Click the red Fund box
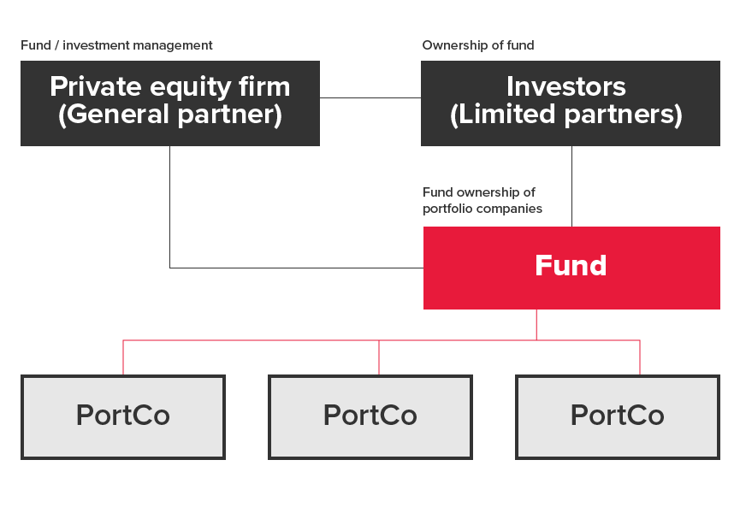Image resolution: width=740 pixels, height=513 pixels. click(x=571, y=268)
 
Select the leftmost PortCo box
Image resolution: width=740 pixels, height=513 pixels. click(x=123, y=417)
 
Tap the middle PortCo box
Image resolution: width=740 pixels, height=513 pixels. click(x=370, y=417)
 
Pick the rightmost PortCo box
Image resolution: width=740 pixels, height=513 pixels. click(x=618, y=417)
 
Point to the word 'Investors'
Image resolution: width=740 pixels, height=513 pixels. click(x=566, y=86)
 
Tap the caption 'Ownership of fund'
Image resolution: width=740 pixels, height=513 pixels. click(x=478, y=45)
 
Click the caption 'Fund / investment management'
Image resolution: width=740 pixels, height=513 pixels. click(x=116, y=45)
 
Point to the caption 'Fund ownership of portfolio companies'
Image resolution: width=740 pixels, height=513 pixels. click(x=482, y=200)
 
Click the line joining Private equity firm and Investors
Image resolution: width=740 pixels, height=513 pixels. click(x=370, y=98)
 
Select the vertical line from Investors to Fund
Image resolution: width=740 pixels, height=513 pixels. click(x=572, y=186)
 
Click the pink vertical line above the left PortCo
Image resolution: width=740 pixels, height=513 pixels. click(x=123, y=357)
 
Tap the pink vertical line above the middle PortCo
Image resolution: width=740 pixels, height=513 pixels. click(x=379, y=357)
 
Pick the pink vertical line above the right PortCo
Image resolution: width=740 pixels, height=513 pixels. click(x=640, y=357)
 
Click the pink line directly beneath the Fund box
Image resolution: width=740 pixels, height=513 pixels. click(x=536, y=325)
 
